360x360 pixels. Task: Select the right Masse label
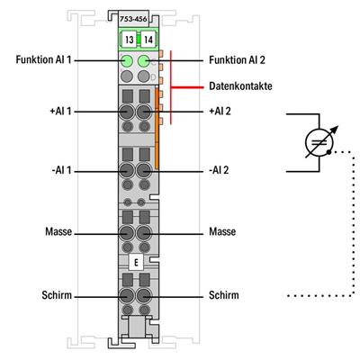(222, 231)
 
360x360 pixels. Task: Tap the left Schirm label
(58, 294)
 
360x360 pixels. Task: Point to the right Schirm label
(224, 294)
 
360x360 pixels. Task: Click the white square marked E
(136, 263)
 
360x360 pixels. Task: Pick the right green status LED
(143, 61)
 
